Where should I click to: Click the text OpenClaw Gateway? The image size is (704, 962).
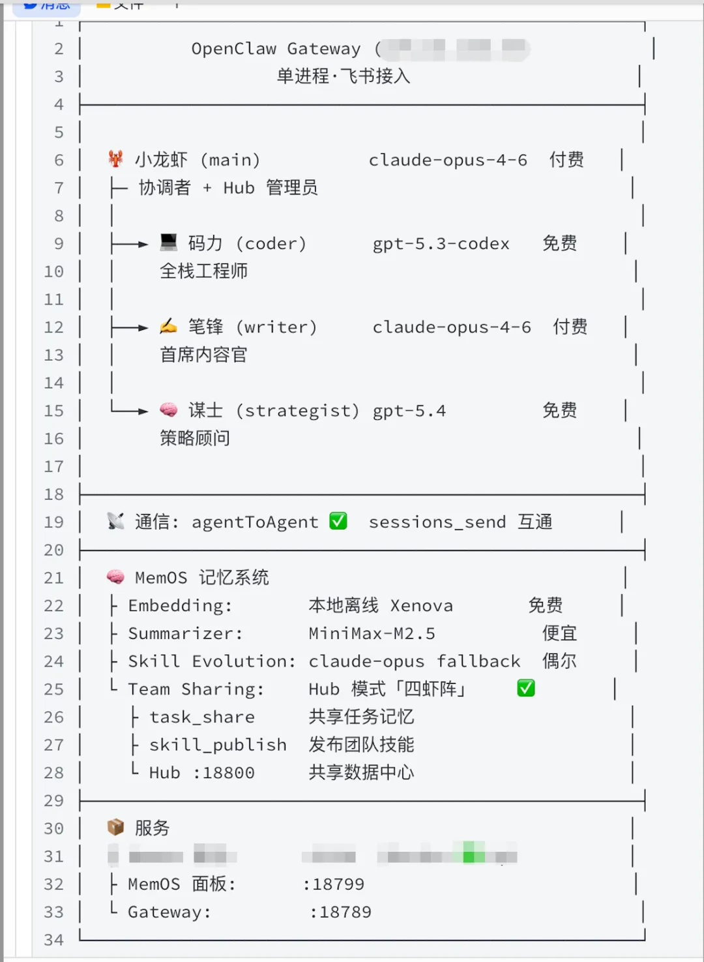tap(276, 49)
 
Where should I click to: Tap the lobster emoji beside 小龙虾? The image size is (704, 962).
tap(116, 159)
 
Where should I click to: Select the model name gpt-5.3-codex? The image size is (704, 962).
tap(441, 243)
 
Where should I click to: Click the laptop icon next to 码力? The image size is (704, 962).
tap(169, 243)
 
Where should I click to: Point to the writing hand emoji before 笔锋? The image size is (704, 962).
tap(168, 326)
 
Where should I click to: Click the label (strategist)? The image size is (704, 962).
tap(297, 410)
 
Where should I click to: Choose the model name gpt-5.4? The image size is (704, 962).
tap(409, 411)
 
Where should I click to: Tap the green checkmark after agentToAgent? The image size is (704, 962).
tap(338, 521)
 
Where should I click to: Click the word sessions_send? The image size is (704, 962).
tap(437, 522)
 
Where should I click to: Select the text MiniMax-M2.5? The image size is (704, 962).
tap(372, 633)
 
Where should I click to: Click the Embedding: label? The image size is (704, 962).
tap(180, 605)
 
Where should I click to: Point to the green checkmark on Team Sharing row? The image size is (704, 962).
tap(526, 688)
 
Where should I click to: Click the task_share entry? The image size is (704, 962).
tap(202, 717)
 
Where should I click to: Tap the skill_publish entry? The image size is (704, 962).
tap(218, 745)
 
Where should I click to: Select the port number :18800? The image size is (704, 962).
tap(224, 773)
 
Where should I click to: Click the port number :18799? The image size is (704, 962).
tap(334, 884)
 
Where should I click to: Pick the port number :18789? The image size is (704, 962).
tap(340, 912)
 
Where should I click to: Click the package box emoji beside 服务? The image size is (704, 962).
tap(115, 828)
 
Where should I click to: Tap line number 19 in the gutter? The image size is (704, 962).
tap(54, 522)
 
